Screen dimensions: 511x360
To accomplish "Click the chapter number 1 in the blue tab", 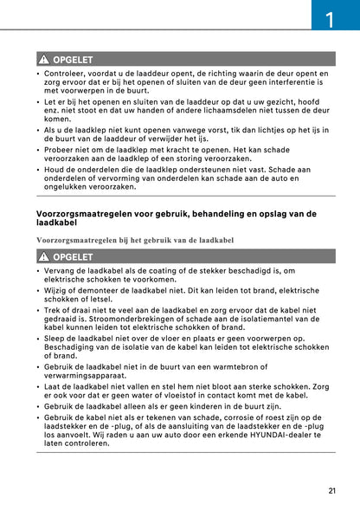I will point(335,16).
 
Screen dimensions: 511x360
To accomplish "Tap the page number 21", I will point(332,491).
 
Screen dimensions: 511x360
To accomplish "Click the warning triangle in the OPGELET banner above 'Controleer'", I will point(43,59).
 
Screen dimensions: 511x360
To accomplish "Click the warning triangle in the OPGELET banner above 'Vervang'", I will point(43,257).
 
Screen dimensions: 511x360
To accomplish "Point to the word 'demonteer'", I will point(87,293).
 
